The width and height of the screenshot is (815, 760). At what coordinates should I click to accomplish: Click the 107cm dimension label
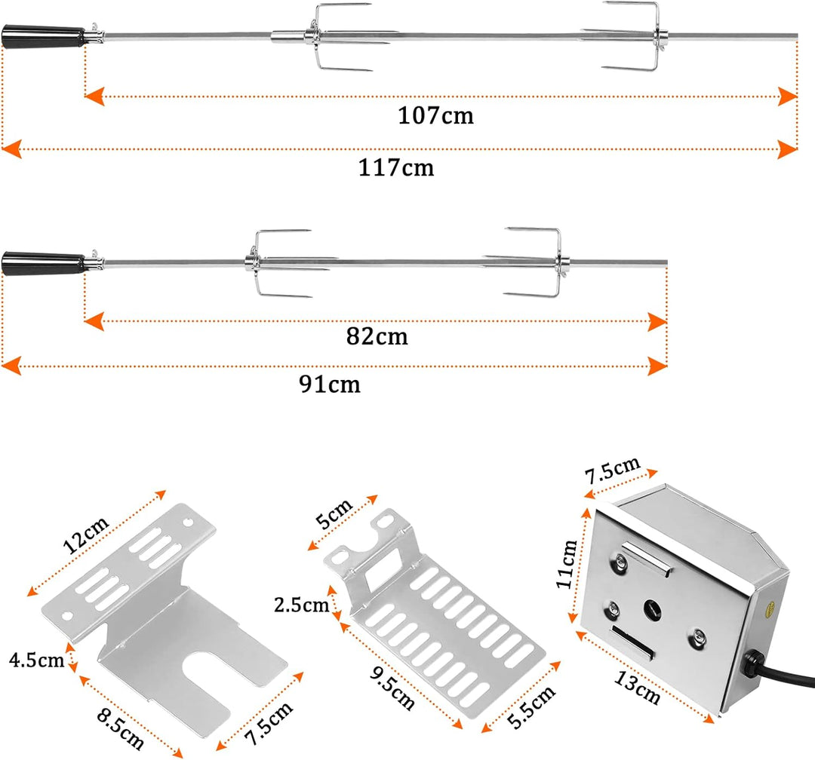pos(436,115)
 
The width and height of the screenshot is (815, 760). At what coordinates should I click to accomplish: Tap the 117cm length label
pos(396,167)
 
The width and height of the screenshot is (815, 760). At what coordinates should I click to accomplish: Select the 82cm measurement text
pos(377,336)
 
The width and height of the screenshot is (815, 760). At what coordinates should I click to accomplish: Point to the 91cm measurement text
pos(329,385)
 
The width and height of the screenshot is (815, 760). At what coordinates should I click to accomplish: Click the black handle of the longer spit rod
pos(44,38)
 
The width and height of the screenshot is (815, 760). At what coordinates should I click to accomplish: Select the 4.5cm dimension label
pos(36,661)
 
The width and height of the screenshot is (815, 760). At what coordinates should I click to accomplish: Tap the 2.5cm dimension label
pos(302,604)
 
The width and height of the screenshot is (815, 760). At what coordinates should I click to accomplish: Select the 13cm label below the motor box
pos(637,688)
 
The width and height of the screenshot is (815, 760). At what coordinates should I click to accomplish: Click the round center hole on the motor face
pos(650,607)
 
